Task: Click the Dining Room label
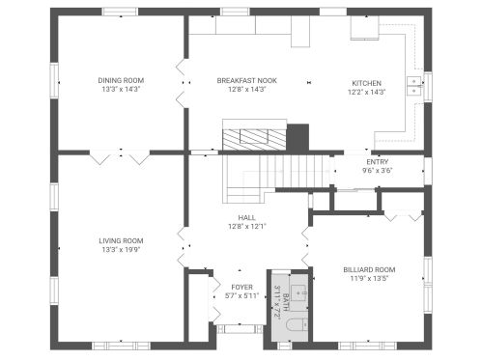(x=121, y=80)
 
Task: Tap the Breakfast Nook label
(x=247, y=80)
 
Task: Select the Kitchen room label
(x=366, y=83)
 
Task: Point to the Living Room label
(x=121, y=240)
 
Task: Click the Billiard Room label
(x=369, y=269)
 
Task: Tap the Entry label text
(x=378, y=162)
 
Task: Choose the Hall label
(x=247, y=218)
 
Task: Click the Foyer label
(x=242, y=287)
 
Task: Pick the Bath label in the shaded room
(x=286, y=302)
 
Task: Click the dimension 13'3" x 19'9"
(x=121, y=250)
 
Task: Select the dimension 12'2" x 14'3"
(x=366, y=93)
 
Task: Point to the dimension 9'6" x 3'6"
(x=378, y=171)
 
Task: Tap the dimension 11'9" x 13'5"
(x=369, y=279)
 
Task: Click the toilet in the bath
(x=297, y=324)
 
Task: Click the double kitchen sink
(x=414, y=86)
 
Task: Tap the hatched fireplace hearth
(x=254, y=140)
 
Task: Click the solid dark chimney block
(x=298, y=138)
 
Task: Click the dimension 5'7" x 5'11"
(x=242, y=296)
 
